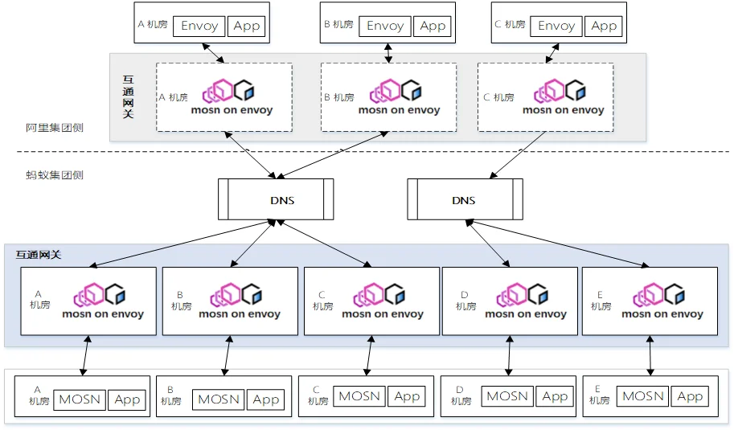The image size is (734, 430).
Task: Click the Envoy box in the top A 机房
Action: click(199, 27)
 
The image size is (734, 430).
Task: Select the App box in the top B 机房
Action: click(433, 27)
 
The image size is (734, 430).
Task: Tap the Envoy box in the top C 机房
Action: click(556, 27)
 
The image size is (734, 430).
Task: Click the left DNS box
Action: click(276, 199)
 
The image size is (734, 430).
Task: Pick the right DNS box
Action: click(465, 199)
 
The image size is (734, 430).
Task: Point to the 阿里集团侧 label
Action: click(55, 128)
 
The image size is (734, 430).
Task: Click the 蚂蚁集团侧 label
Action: click(55, 175)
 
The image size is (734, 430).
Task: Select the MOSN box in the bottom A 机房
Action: click(80, 399)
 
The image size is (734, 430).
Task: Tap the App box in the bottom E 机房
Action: click(690, 396)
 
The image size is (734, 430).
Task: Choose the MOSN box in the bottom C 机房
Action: click(359, 396)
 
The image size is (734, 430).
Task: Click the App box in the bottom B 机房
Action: click(266, 399)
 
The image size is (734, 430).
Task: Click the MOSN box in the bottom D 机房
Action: click(507, 396)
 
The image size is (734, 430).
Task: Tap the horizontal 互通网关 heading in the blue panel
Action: click(39, 255)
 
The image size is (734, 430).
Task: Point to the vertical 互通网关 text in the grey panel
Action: click(129, 97)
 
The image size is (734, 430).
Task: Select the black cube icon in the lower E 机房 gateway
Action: click(675, 294)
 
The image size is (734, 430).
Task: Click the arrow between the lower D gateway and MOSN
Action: click(510, 355)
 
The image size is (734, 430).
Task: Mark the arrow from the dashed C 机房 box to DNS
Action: click(518, 155)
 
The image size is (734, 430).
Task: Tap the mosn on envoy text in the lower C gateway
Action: click(383, 314)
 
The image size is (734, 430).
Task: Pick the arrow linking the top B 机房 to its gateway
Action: click(388, 53)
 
